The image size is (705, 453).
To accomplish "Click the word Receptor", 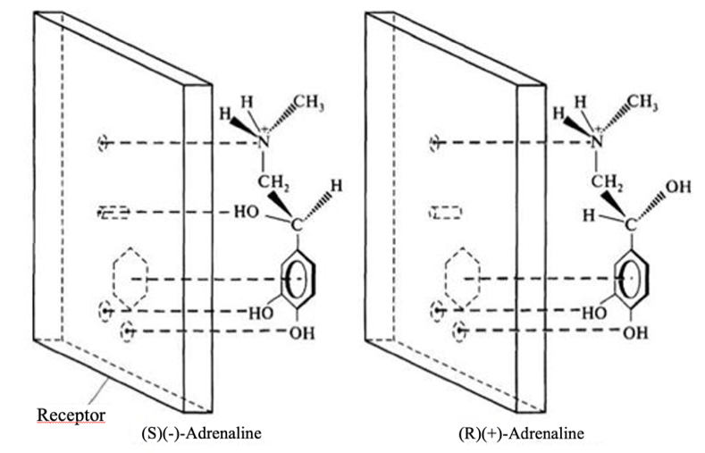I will click(x=71, y=415).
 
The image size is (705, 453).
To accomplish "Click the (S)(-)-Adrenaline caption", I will click(x=201, y=434).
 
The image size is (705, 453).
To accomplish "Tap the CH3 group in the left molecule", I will click(x=308, y=105).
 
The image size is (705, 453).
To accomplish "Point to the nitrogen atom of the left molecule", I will click(x=264, y=142).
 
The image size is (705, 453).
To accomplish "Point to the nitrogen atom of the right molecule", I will click(x=598, y=141).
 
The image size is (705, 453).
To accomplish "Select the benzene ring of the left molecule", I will click(x=294, y=278).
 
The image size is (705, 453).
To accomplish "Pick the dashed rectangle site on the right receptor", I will click(x=445, y=213).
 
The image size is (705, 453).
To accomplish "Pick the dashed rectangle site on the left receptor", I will click(x=114, y=213).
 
